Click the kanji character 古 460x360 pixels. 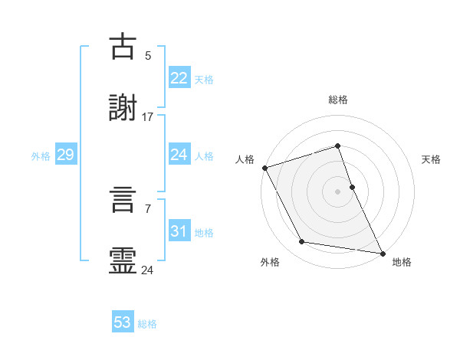(123, 47)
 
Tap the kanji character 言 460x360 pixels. (123, 201)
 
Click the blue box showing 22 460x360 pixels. (179, 77)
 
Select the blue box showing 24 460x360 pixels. (179, 155)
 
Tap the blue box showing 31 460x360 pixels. (179, 231)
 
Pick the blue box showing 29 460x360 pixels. (65, 155)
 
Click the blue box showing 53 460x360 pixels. (123, 322)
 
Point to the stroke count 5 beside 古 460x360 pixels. (148, 55)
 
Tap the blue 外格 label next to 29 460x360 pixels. (41, 155)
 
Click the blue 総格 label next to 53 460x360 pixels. (147, 324)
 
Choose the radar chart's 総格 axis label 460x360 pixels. (338, 100)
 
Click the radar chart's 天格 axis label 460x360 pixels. (431, 159)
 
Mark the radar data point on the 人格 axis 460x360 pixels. (264, 168)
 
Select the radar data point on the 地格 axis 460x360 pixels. (382, 253)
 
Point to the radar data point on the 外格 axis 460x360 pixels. (302, 242)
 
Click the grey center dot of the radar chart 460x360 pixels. (338, 191)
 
